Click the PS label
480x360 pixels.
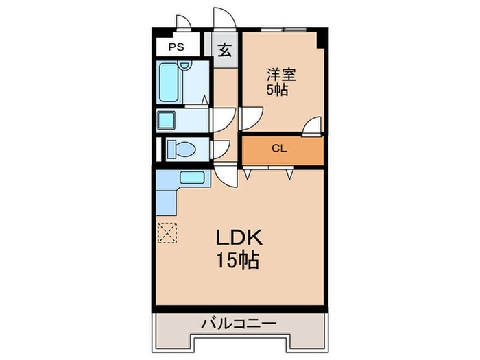click(177, 48)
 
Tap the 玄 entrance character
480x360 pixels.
click(224, 50)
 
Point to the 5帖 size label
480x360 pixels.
click(277, 91)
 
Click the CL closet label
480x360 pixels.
click(278, 149)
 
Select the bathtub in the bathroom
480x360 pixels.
click(170, 82)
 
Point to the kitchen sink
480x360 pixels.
click(193, 179)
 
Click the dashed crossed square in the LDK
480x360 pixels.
click(167, 233)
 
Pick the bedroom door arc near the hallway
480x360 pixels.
click(250, 117)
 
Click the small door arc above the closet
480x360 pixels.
click(312, 126)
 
